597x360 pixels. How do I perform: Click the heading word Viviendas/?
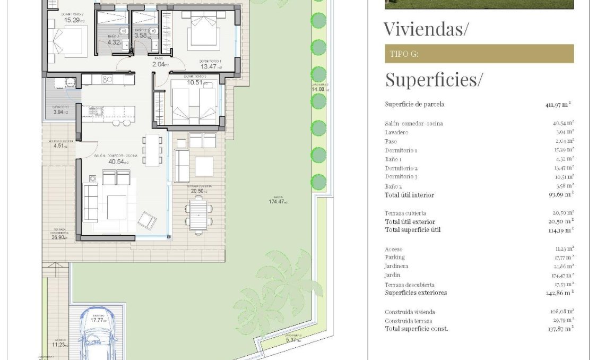pos(426,29)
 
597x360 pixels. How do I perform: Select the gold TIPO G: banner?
pos(479,54)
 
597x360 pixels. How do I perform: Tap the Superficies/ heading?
pos(434,80)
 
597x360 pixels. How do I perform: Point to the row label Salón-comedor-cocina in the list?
pos(413,124)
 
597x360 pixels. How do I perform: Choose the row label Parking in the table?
pos(394,258)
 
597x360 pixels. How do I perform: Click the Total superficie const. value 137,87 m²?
pos(560,329)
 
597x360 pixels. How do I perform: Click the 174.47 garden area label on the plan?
pos(278,202)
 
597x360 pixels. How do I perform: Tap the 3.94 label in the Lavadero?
pos(59,112)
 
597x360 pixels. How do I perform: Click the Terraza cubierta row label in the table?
pos(405,213)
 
